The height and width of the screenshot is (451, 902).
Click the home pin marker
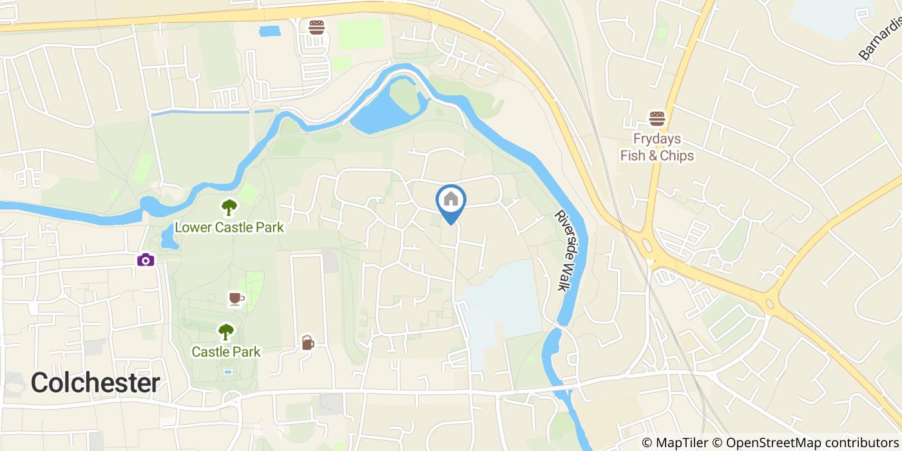(x=451, y=200)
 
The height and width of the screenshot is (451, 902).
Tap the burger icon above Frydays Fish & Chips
(x=657, y=119)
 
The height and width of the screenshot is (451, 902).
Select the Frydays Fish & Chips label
(x=657, y=148)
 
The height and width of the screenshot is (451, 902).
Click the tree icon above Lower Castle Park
(x=229, y=207)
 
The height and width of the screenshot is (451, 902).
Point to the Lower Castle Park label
(x=229, y=227)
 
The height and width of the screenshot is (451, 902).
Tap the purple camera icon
(x=146, y=260)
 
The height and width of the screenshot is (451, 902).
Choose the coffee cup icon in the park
(x=235, y=298)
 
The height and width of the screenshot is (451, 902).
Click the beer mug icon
(x=307, y=343)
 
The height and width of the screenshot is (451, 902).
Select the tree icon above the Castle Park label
(x=225, y=332)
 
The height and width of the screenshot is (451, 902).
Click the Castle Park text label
(x=225, y=352)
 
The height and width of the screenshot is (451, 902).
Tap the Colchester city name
(x=95, y=383)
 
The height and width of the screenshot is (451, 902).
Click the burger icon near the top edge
(x=316, y=28)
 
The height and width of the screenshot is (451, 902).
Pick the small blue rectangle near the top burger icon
(x=270, y=31)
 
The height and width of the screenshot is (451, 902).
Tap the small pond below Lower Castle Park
(x=168, y=239)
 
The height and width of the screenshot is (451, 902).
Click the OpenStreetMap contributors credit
(x=805, y=443)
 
